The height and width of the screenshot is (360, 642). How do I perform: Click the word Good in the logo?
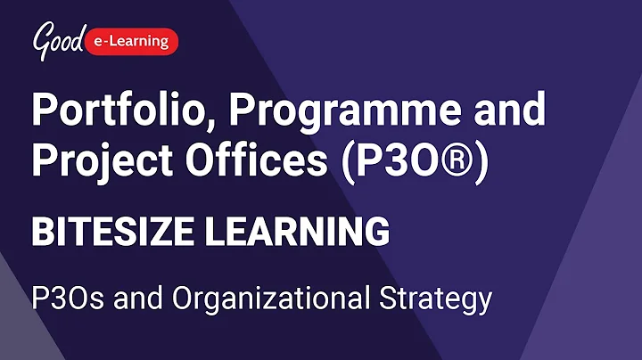coord(59,38)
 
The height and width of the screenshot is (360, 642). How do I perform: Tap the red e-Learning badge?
coord(133,40)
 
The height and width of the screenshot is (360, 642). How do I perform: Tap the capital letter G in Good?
coord(42,38)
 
